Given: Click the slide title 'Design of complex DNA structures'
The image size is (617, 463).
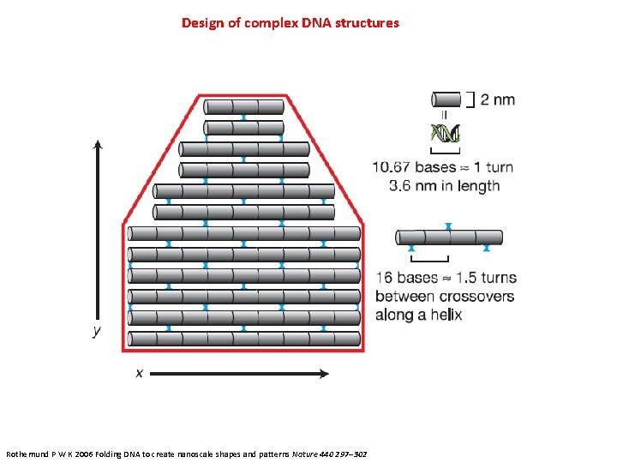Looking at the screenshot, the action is pyautogui.click(x=290, y=23).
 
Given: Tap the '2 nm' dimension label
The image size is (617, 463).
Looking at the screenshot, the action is pyautogui.click(x=498, y=99).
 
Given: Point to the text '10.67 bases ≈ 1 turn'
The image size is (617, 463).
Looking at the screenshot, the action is pyautogui.click(x=442, y=166).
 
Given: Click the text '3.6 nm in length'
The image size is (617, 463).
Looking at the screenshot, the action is pyautogui.click(x=444, y=186).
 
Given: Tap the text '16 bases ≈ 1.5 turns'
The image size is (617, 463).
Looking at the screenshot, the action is pyautogui.click(x=446, y=278).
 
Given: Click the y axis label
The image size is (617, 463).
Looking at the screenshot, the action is pyautogui.click(x=97, y=331).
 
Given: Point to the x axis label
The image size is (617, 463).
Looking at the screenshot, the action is pyautogui.click(x=139, y=373).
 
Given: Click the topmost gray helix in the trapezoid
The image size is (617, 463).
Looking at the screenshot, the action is pyautogui.click(x=244, y=107).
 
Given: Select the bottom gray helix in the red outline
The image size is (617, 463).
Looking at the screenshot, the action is pyautogui.click(x=243, y=339).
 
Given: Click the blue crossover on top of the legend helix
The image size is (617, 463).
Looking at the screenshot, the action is pyautogui.click(x=448, y=226).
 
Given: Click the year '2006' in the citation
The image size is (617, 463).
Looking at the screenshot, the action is pyautogui.click(x=91, y=452).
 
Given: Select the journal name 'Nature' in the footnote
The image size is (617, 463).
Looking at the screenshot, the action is pyautogui.click(x=305, y=452).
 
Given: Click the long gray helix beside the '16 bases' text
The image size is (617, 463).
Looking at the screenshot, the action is pyautogui.click(x=449, y=238).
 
